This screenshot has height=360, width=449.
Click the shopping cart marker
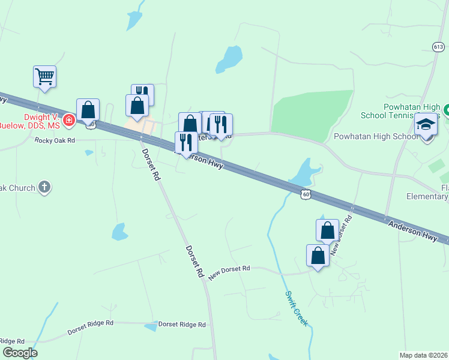point(44,77)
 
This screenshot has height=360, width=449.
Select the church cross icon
point(44,188)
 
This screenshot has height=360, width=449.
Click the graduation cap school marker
point(426,125)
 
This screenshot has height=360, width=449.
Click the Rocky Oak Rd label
point(55,140)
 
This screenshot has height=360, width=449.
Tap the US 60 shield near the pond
point(306,194)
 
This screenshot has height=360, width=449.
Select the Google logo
point(20,353)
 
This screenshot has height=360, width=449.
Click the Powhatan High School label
point(376,137)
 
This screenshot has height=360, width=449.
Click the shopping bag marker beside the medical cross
point(88,110)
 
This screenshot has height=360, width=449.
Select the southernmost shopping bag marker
point(318,256)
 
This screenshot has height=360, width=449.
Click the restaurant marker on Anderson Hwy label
point(186,143)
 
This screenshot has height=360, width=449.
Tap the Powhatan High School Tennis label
point(401,111)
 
